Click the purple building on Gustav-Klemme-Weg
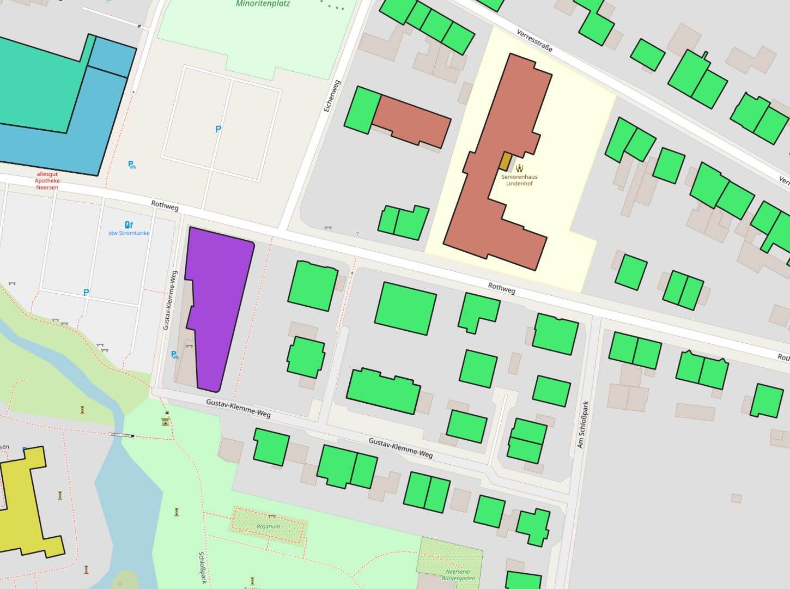coord(218,305)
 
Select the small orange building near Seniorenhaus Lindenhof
coord(506,161)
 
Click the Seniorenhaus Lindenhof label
coord(519,180)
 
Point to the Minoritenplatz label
coord(263,4)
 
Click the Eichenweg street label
coord(331,96)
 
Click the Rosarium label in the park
coord(269,526)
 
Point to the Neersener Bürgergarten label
coord(458,575)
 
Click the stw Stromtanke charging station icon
coord(129,224)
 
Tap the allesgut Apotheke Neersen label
coord(47,181)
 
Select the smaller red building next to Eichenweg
coord(412,121)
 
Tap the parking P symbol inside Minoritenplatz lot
coord(218,129)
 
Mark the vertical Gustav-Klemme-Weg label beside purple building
coord(169,300)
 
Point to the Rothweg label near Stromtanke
coord(165,205)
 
